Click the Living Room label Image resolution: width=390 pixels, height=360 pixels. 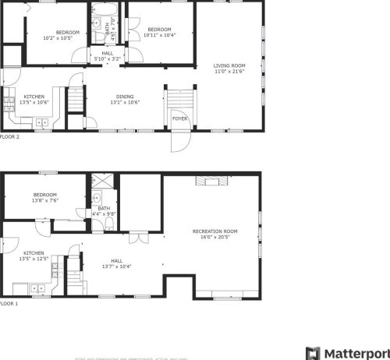click(230, 65)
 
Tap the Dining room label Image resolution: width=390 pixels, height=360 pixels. click(125, 96)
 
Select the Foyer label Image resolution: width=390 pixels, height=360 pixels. click(179, 118)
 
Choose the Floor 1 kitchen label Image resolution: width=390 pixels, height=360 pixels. click(34, 253)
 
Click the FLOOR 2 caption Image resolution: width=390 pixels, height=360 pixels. click(10, 136)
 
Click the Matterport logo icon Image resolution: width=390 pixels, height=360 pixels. click(313, 352)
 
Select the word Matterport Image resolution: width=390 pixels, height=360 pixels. click(356, 352)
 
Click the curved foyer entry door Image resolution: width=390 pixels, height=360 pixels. click(179, 140)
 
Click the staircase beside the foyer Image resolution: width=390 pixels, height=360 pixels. click(179, 101)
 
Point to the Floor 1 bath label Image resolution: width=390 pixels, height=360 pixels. click(104, 208)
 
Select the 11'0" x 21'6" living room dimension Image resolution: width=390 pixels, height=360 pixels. click(230, 72)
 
